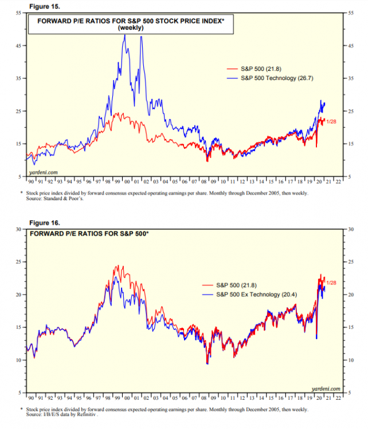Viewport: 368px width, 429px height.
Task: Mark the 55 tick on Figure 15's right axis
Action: point(350,13)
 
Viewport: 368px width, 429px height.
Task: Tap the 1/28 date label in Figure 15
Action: point(331,121)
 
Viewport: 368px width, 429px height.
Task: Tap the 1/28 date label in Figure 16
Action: point(331,283)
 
